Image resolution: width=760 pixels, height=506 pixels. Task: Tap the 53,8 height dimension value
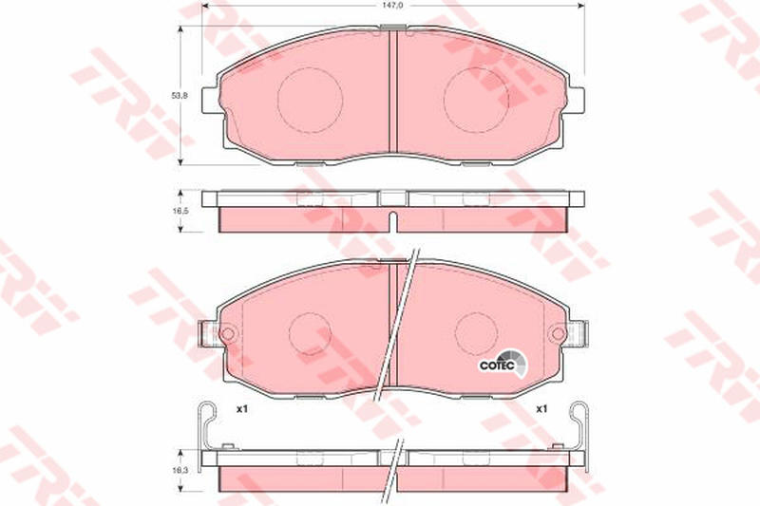[180, 95]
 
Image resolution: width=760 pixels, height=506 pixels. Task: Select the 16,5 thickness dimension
[180, 211]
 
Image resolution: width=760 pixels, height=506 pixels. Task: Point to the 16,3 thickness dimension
[180, 470]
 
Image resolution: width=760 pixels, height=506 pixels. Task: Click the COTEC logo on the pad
[503, 364]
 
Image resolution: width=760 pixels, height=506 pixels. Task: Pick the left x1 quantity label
[242, 409]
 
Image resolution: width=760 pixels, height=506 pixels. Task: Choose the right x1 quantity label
[541, 409]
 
